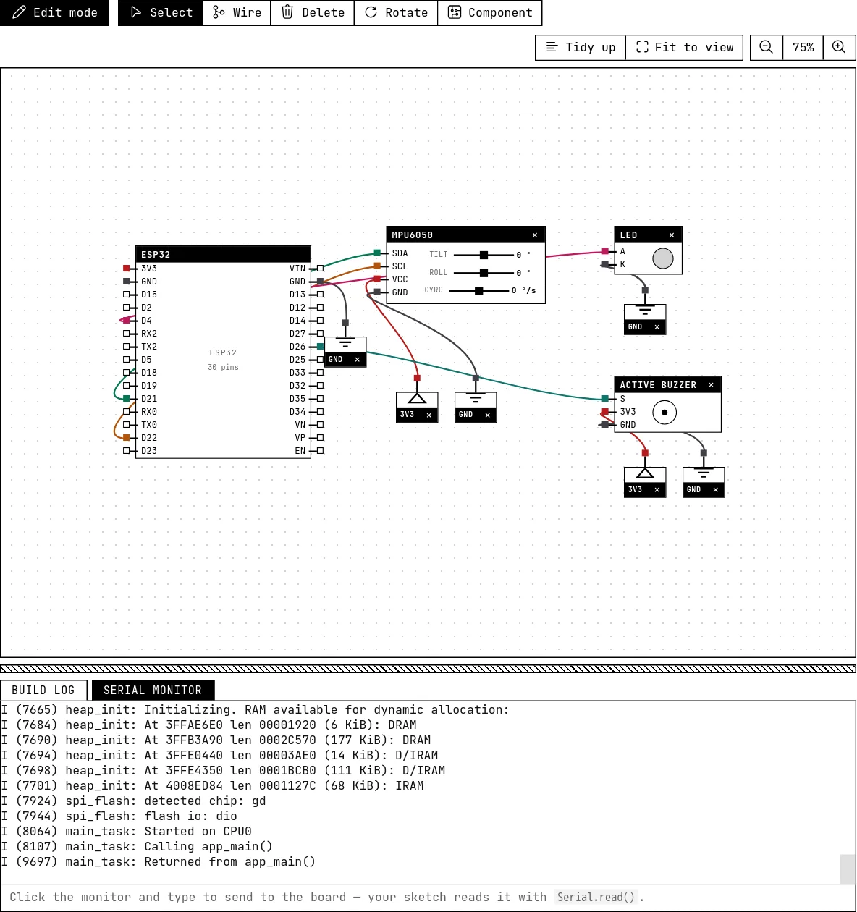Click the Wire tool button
click(x=237, y=12)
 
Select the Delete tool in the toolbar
click(x=312, y=12)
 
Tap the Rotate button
click(x=396, y=12)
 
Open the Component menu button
click(x=489, y=12)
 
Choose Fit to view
click(x=684, y=47)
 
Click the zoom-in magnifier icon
click(x=839, y=47)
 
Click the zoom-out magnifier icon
click(x=766, y=47)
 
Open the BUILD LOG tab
click(x=43, y=691)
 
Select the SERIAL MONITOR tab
click(x=153, y=691)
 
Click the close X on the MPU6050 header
click(x=535, y=235)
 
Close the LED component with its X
click(x=672, y=235)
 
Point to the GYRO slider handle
click(x=478, y=291)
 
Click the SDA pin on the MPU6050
click(x=377, y=253)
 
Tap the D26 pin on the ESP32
click(x=320, y=347)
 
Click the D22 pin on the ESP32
click(x=126, y=438)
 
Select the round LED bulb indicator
click(x=663, y=258)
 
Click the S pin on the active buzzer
click(x=605, y=399)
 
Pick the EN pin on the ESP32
click(x=320, y=451)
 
